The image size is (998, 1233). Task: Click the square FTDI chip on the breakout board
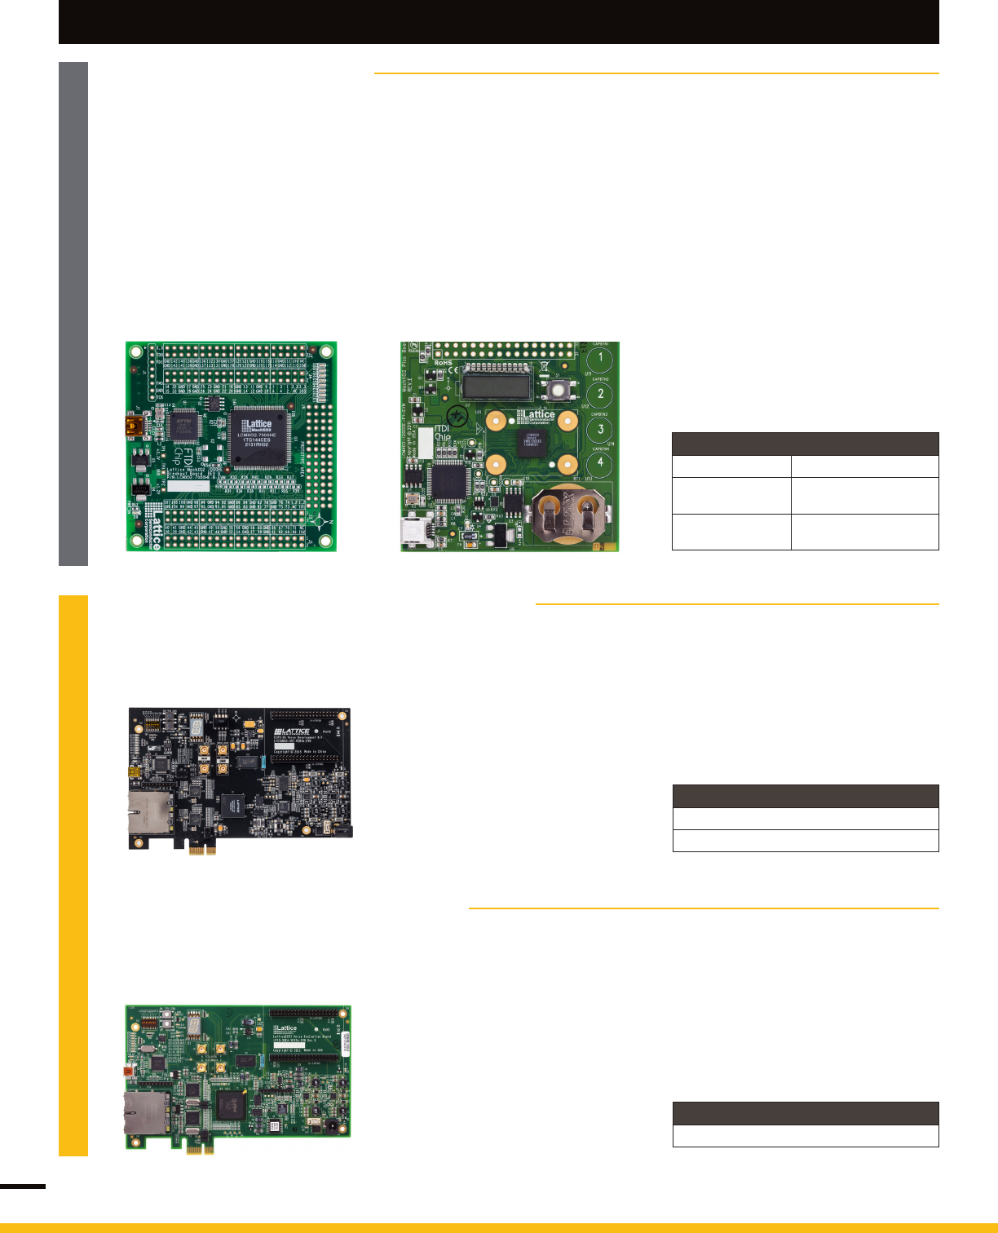tap(183, 424)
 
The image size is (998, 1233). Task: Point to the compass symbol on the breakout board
tap(323, 520)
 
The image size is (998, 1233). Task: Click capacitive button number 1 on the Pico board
tap(601, 358)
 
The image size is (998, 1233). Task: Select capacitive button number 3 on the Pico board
tap(601, 429)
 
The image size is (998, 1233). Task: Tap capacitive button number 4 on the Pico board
tap(601, 463)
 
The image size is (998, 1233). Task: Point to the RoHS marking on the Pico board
tap(443, 363)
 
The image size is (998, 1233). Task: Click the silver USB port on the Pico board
tap(413, 531)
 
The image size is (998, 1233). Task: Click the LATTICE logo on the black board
tap(292, 731)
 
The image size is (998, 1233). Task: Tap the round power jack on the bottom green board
tap(333, 1128)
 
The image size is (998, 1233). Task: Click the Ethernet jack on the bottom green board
tap(146, 1113)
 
